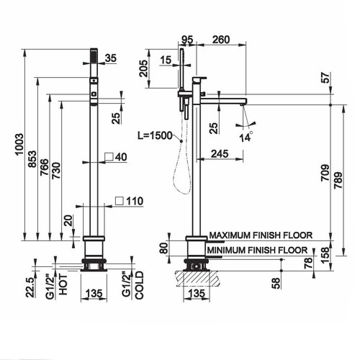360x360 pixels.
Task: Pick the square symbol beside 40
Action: [x=107, y=156]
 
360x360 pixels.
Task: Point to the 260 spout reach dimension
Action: [x=221, y=40]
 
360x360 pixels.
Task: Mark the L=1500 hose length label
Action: [x=155, y=135]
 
